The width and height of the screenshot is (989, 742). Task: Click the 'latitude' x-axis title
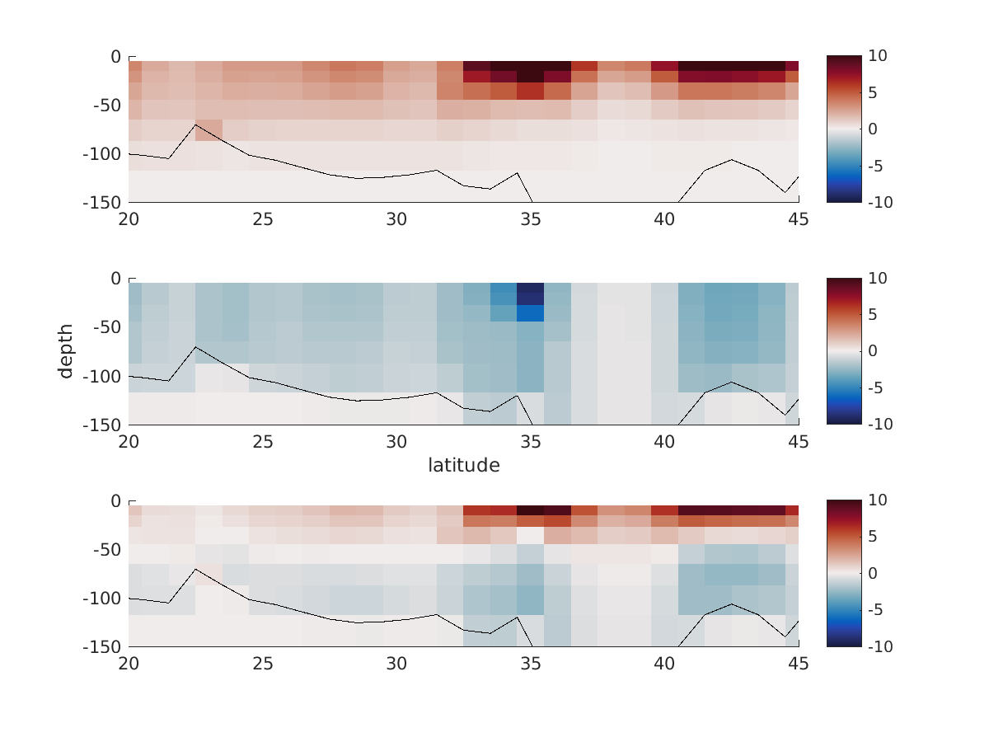(x=463, y=466)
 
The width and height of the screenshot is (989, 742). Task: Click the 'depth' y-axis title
(x=66, y=351)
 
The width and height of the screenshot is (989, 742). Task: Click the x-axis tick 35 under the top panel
(x=531, y=219)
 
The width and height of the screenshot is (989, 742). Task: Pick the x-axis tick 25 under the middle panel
(x=263, y=442)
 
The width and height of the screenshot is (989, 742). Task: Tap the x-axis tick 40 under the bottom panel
(x=664, y=664)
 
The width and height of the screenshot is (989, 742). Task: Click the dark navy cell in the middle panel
(x=531, y=294)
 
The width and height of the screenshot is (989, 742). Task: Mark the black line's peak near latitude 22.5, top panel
(x=195, y=125)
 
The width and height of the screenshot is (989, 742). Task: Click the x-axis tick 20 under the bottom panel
(x=129, y=664)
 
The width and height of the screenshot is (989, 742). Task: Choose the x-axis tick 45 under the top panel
(x=798, y=219)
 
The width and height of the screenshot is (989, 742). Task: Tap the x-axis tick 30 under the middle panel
(x=396, y=442)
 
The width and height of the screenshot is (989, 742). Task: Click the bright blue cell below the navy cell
(x=531, y=312)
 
